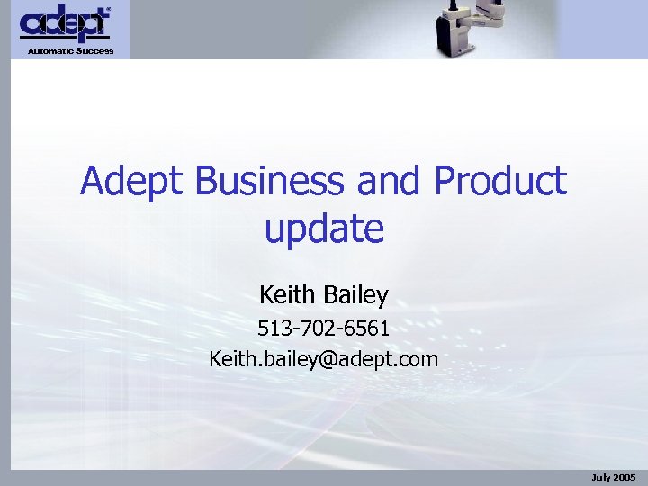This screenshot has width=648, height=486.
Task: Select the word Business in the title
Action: coord(268,183)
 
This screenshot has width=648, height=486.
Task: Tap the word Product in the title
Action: coord(500,183)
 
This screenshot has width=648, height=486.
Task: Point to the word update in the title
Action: coord(324,229)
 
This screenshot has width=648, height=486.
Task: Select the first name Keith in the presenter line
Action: coord(287,294)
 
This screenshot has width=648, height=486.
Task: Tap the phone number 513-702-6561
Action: coord(323,328)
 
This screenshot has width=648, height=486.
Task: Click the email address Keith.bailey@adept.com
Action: coord(323,360)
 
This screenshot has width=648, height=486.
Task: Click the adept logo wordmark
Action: coord(65,24)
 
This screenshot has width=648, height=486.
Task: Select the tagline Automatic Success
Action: coord(70,51)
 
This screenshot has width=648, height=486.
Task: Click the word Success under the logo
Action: coord(95,51)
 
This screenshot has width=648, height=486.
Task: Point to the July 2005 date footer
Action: coord(613,476)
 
